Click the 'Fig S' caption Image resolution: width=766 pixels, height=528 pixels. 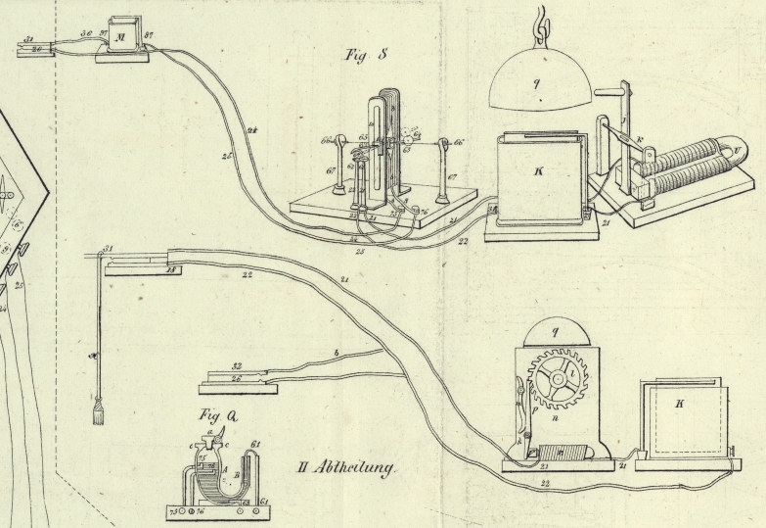point(368,55)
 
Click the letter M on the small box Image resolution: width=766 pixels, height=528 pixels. point(121,37)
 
